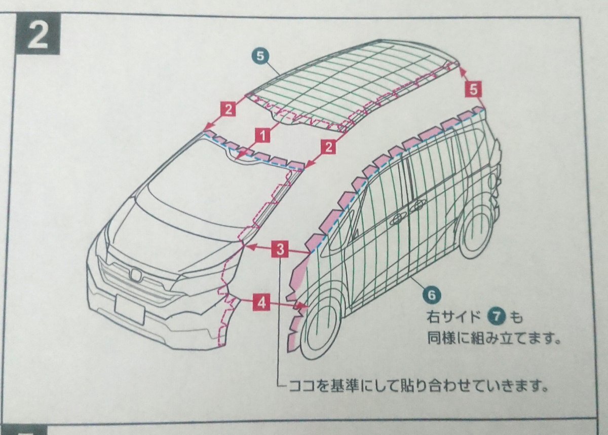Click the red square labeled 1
pyautogui.click(x=261, y=135)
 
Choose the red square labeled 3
pyautogui.click(x=281, y=249)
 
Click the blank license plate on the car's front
pyautogui.click(x=129, y=309)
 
